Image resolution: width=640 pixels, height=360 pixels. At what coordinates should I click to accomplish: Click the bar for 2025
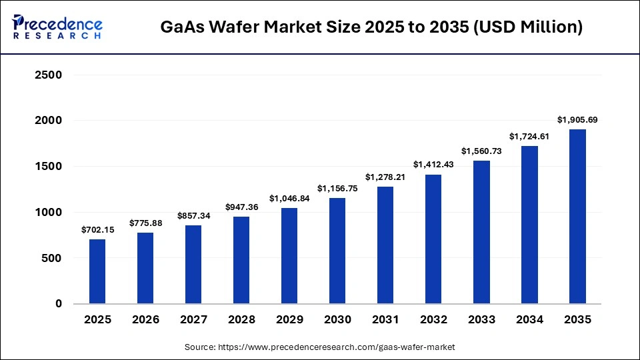pyautogui.click(x=97, y=271)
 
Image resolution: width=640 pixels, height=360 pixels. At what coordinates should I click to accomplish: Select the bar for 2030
pyautogui.click(x=337, y=251)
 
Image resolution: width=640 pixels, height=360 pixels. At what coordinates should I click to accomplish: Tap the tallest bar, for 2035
pyautogui.click(x=577, y=217)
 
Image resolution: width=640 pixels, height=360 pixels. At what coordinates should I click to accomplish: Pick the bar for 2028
pyautogui.click(x=241, y=260)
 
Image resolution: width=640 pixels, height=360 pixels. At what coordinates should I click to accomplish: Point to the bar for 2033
pyautogui.click(x=481, y=232)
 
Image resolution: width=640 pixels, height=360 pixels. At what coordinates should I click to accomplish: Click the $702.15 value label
pyautogui.click(x=97, y=229)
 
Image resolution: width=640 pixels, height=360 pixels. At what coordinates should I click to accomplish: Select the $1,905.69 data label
pyautogui.click(x=577, y=120)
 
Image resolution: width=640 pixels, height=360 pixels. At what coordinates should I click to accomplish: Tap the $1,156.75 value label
pyautogui.click(x=337, y=188)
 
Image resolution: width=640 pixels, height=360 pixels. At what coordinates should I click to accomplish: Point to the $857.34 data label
pyautogui.click(x=193, y=216)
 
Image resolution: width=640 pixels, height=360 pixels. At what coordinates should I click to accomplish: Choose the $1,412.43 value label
pyautogui.click(x=433, y=165)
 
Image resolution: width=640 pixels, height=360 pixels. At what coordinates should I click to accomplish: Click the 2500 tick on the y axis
pyautogui.click(x=48, y=75)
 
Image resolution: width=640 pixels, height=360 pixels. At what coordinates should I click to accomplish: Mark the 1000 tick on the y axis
pyautogui.click(x=48, y=212)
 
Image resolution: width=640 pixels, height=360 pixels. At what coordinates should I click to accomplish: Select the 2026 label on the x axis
pyautogui.click(x=145, y=320)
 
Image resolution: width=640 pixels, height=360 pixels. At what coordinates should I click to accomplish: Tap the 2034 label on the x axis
pyautogui.click(x=529, y=320)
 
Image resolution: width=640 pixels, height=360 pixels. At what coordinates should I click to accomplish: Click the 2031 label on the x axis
pyautogui.click(x=385, y=320)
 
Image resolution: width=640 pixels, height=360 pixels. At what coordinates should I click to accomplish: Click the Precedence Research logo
pyautogui.click(x=57, y=27)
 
